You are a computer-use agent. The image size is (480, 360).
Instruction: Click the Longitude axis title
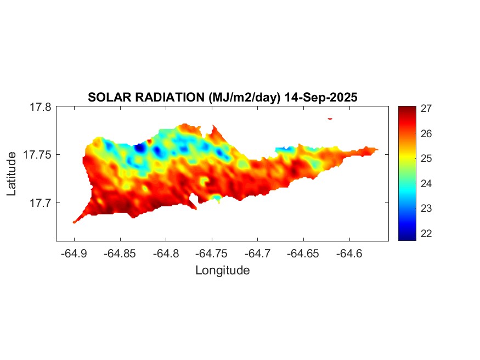[222, 270]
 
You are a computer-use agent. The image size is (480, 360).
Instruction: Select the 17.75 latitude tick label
[37, 155]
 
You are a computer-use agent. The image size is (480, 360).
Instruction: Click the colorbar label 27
[426, 109]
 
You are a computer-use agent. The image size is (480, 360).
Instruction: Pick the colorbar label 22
[426, 233]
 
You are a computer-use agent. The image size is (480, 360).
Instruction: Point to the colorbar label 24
[426, 183]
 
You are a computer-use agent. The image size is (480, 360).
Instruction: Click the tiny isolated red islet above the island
[330, 118]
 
